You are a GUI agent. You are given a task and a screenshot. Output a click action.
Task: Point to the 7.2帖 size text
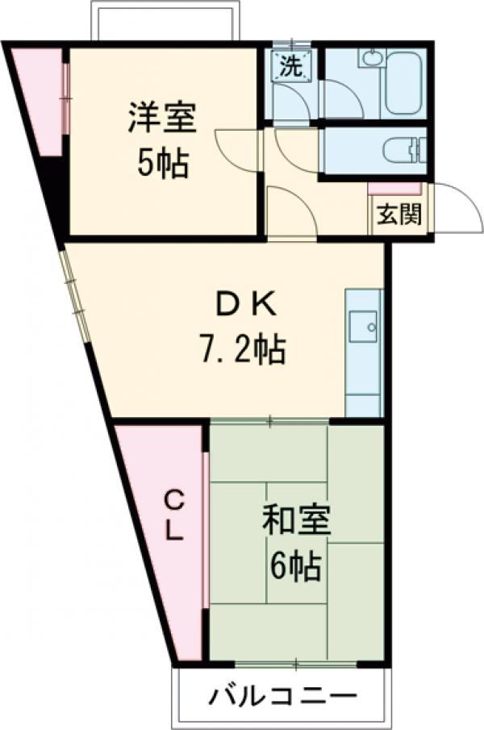(242, 349)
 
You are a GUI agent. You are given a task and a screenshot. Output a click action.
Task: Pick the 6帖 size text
(295, 568)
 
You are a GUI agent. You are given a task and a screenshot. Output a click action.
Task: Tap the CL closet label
(175, 516)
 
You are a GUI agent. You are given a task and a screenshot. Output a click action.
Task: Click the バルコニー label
(282, 695)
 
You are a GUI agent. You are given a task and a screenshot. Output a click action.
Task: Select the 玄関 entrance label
(399, 216)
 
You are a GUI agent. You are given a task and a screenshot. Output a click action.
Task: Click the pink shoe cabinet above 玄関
(394, 189)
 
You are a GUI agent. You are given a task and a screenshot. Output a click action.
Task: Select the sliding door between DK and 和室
(270, 420)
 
